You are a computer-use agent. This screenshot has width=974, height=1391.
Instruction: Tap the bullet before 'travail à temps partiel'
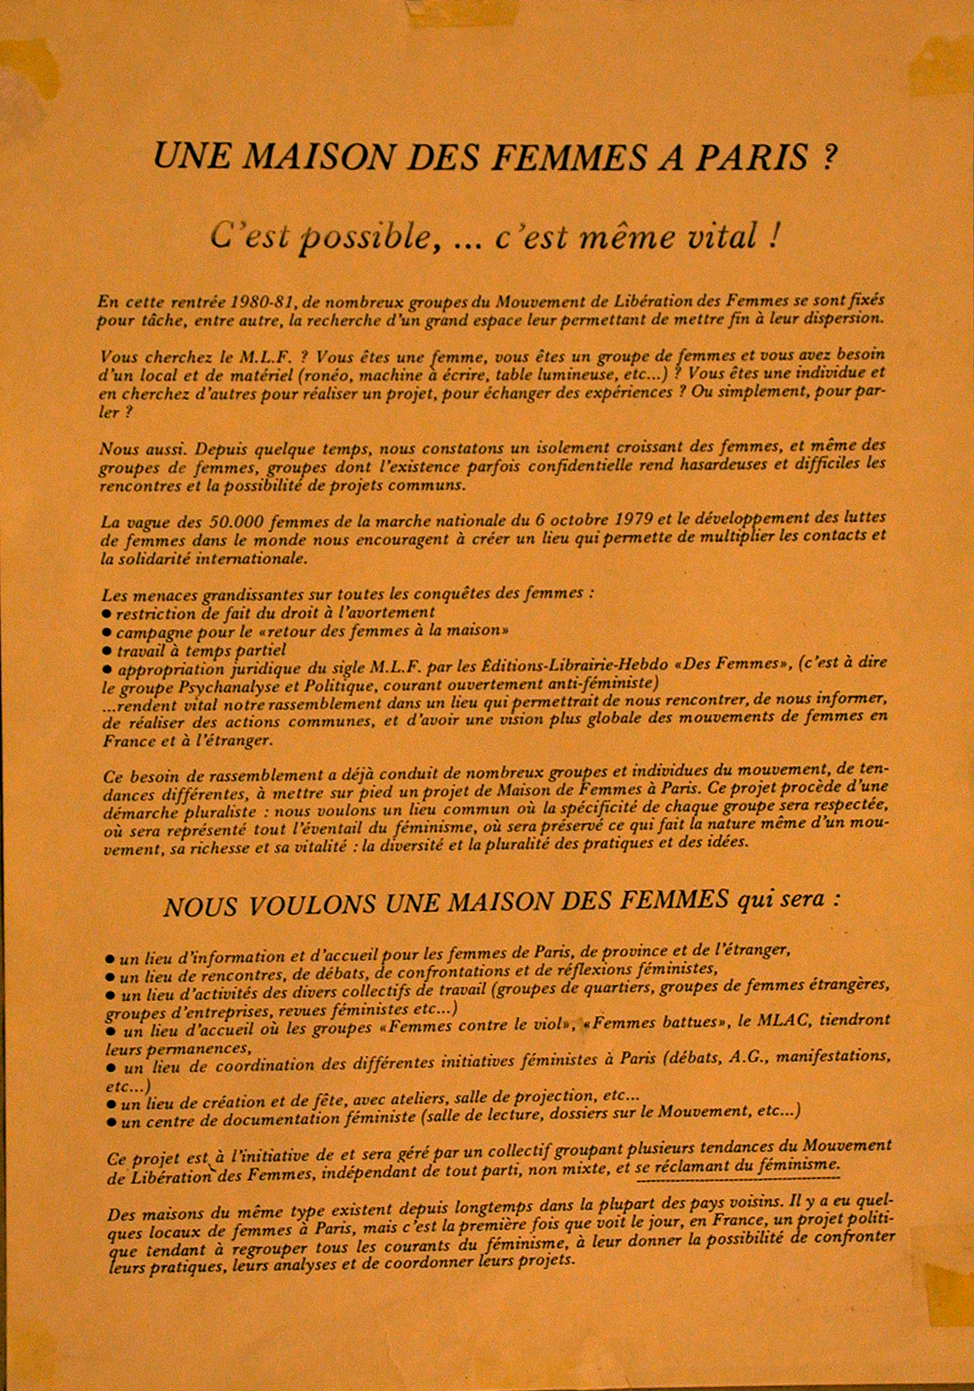tap(107, 650)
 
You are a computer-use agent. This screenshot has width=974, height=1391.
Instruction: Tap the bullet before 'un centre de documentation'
tap(112, 1123)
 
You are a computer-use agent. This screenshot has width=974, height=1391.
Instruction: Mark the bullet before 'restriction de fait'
tap(107, 613)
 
